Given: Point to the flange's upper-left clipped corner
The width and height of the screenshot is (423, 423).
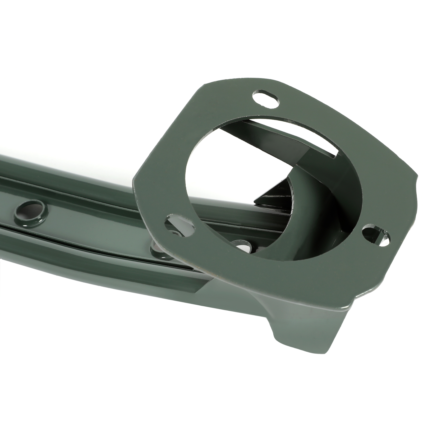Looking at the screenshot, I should (201, 87).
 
